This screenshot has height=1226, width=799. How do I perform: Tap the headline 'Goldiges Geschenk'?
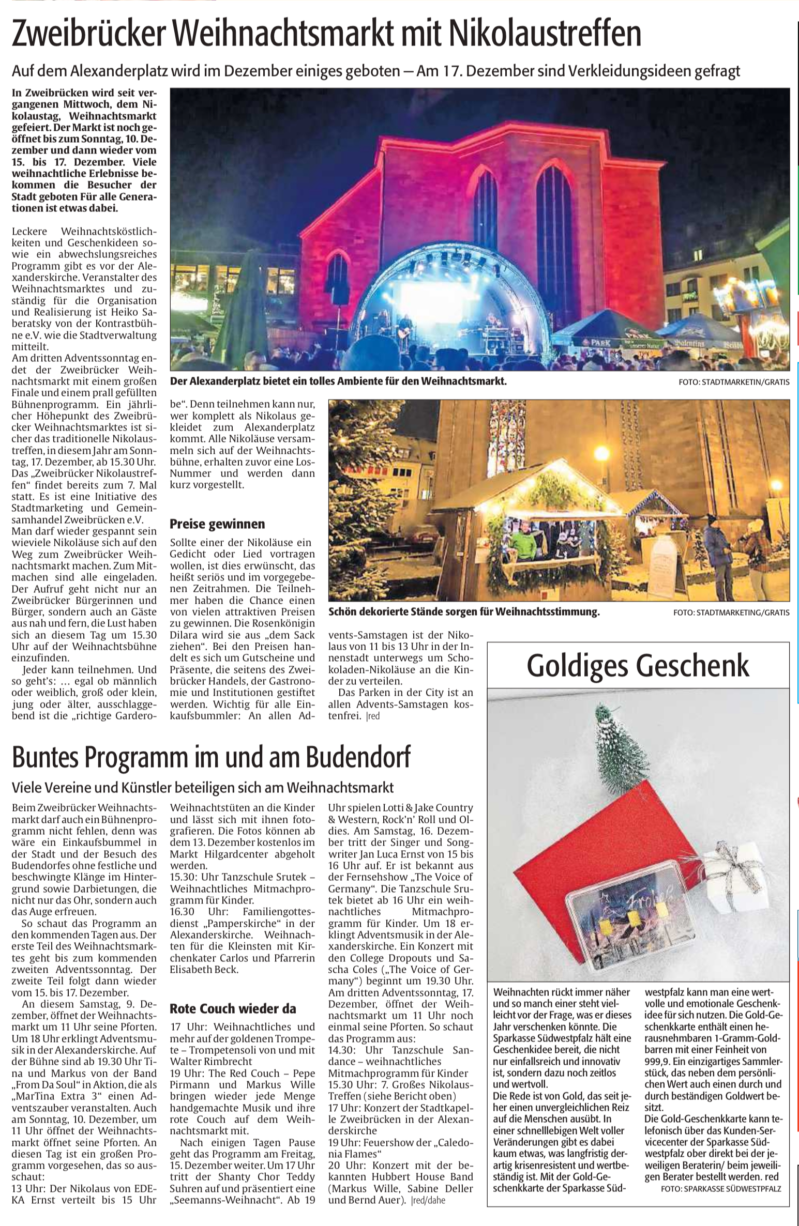[638, 666]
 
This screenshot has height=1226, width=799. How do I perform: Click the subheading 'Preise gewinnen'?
[217, 524]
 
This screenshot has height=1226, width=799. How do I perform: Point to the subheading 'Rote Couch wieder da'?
[233, 1008]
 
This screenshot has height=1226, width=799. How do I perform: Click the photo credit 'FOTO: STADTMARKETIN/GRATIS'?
[734, 382]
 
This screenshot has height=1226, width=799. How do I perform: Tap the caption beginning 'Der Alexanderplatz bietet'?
[338, 382]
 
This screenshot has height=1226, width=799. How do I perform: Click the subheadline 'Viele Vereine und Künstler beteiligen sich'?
[203, 787]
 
